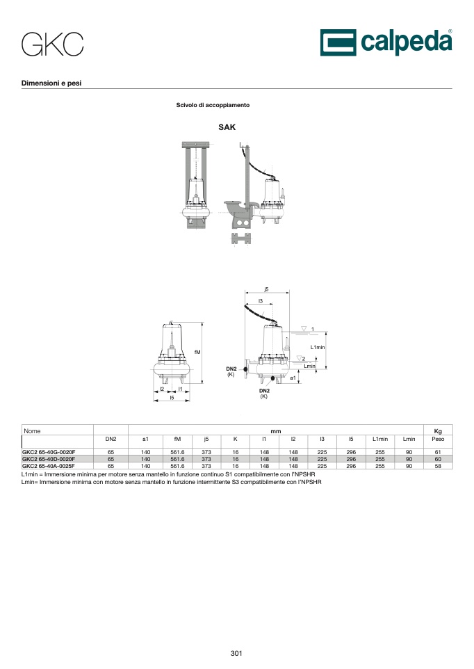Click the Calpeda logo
386,42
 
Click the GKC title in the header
52,45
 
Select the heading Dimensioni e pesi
51,83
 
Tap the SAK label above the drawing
227,127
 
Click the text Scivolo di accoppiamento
213,105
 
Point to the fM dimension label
197,352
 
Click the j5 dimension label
266,289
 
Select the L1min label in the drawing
318,347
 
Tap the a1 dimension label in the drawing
293,378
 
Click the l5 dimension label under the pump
172,398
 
